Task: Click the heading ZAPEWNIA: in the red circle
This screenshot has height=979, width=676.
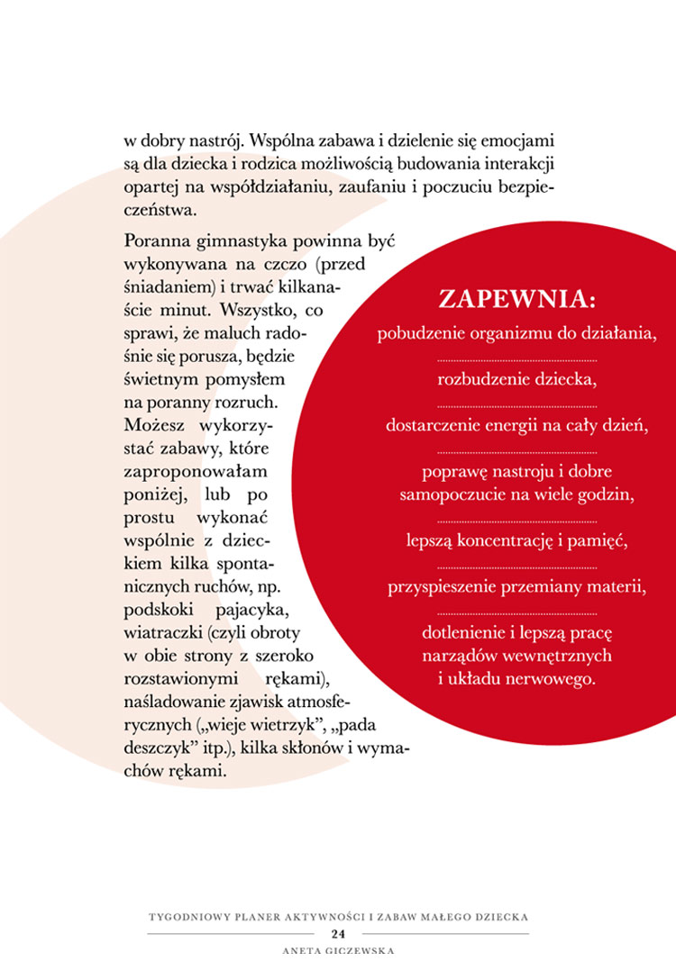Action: (516, 299)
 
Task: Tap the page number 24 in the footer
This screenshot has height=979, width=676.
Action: (338, 933)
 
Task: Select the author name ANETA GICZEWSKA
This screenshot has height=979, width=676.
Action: (338, 949)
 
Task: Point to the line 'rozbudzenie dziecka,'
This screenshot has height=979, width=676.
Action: (516, 378)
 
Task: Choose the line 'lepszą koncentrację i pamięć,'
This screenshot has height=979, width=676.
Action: (516, 540)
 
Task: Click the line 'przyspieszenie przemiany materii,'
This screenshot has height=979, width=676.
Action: (516, 588)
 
